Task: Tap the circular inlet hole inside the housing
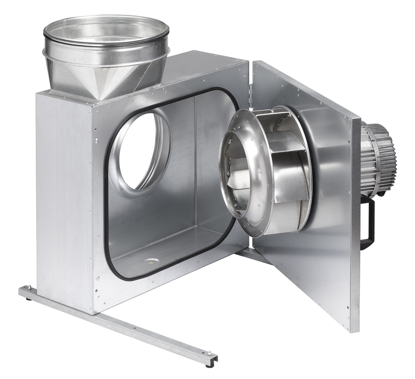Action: (x=139, y=151)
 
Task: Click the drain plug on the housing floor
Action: (x=150, y=261)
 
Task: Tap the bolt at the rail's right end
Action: (x=212, y=354)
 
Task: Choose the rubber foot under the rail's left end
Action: (x=28, y=298)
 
